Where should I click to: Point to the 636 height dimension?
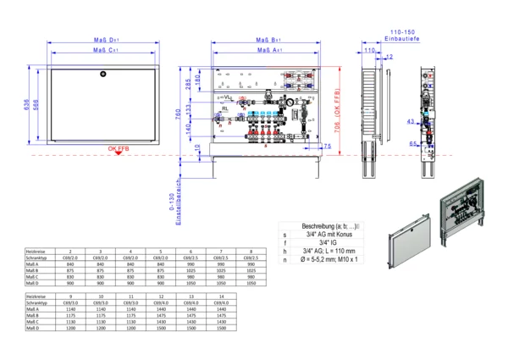[x=27, y=104]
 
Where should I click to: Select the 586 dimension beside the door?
[x=36, y=104]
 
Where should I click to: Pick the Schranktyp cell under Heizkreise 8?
[x=251, y=258]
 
